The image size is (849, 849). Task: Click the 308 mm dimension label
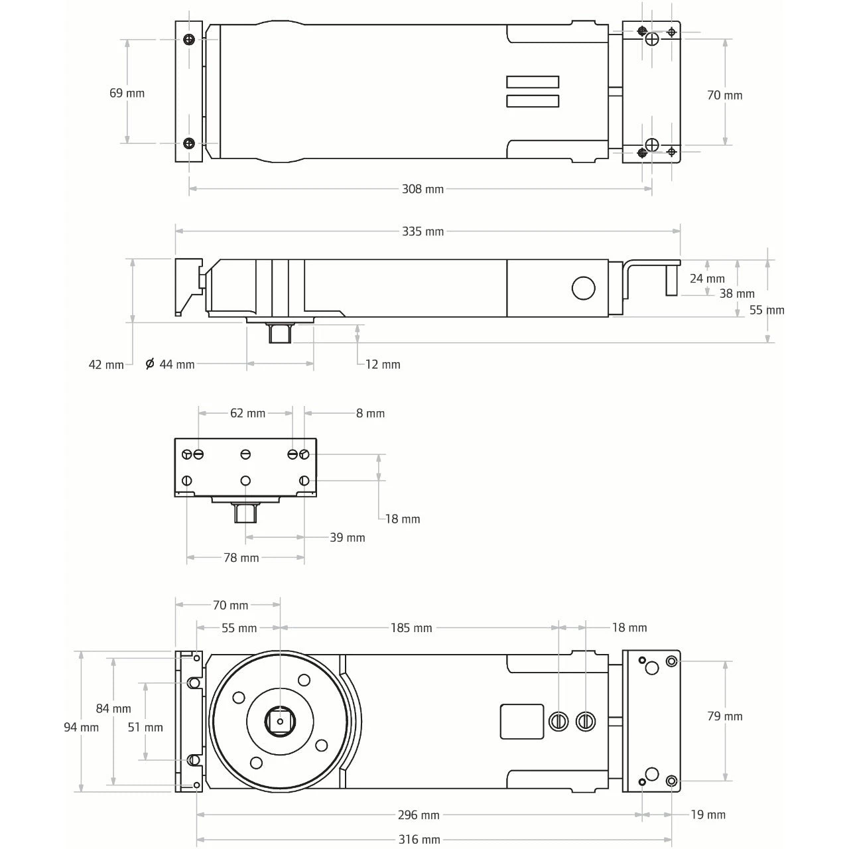(x=423, y=189)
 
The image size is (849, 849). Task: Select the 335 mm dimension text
(x=423, y=231)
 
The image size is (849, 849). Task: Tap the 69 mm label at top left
(x=127, y=93)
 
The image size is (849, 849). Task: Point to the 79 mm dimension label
(x=724, y=716)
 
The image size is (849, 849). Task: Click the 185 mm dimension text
(x=411, y=627)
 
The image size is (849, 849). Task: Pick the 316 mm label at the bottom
(x=419, y=840)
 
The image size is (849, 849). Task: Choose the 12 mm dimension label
(x=383, y=364)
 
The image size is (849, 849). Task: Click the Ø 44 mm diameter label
(x=170, y=364)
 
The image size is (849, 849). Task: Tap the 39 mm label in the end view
(x=348, y=537)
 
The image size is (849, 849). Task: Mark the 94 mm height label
(x=81, y=728)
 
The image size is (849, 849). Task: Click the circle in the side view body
(x=584, y=288)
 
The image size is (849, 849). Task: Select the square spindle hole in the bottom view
(x=280, y=721)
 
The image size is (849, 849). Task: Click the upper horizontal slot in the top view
(x=533, y=82)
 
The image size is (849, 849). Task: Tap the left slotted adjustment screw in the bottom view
(x=559, y=720)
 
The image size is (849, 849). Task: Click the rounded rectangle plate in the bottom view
(x=521, y=721)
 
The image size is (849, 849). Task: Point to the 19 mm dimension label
(x=708, y=815)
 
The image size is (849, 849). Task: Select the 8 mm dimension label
(x=370, y=413)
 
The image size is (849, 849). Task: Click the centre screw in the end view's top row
(x=245, y=454)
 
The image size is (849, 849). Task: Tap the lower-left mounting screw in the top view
(x=190, y=143)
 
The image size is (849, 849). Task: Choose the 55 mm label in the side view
(x=767, y=310)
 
